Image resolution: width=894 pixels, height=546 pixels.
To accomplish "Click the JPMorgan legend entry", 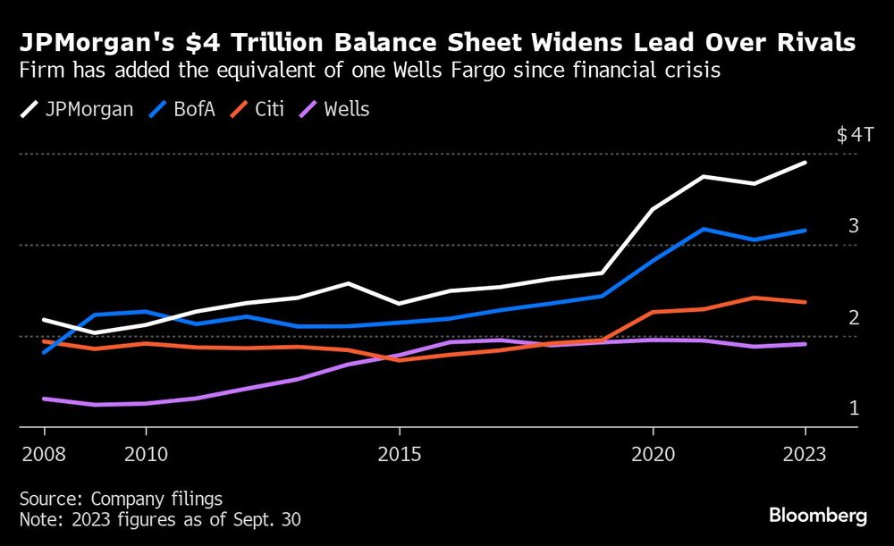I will (x=77, y=110).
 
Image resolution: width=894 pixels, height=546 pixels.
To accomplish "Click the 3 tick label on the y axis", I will (x=854, y=226).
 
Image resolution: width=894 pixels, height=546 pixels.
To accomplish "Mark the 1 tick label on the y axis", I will (x=854, y=408).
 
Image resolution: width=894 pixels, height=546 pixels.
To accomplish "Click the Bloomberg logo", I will (x=818, y=516).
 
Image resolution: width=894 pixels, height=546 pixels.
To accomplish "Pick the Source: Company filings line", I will (x=121, y=499).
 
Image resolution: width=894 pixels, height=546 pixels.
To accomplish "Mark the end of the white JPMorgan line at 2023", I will (x=805, y=163).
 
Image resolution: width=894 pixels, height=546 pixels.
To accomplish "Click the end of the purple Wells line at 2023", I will (x=805, y=344).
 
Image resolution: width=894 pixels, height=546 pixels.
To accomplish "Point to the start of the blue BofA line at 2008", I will (x=43, y=352).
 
